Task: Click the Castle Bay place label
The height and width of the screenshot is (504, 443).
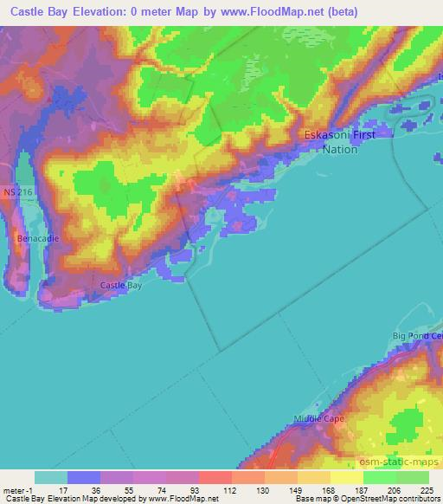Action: click(x=121, y=285)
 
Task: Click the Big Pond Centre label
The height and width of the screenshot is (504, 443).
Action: click(x=417, y=335)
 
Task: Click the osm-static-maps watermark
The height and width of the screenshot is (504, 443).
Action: click(x=407, y=459)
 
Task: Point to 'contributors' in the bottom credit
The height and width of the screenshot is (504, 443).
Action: click(x=419, y=499)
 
